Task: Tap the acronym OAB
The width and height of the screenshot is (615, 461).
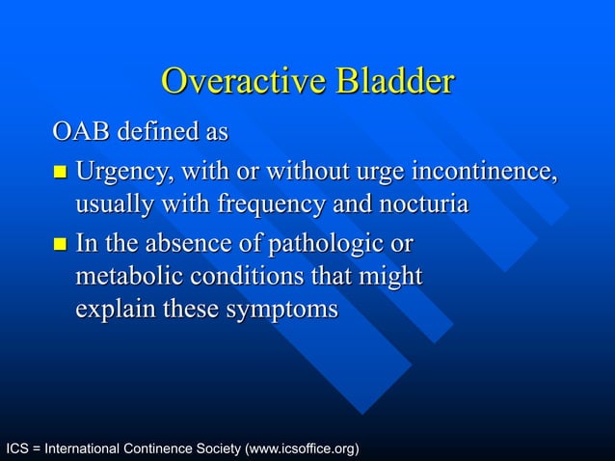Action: [81, 130]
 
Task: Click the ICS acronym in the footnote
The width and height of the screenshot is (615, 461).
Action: [18, 449]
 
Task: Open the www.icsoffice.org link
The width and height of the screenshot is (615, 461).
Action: [303, 449]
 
